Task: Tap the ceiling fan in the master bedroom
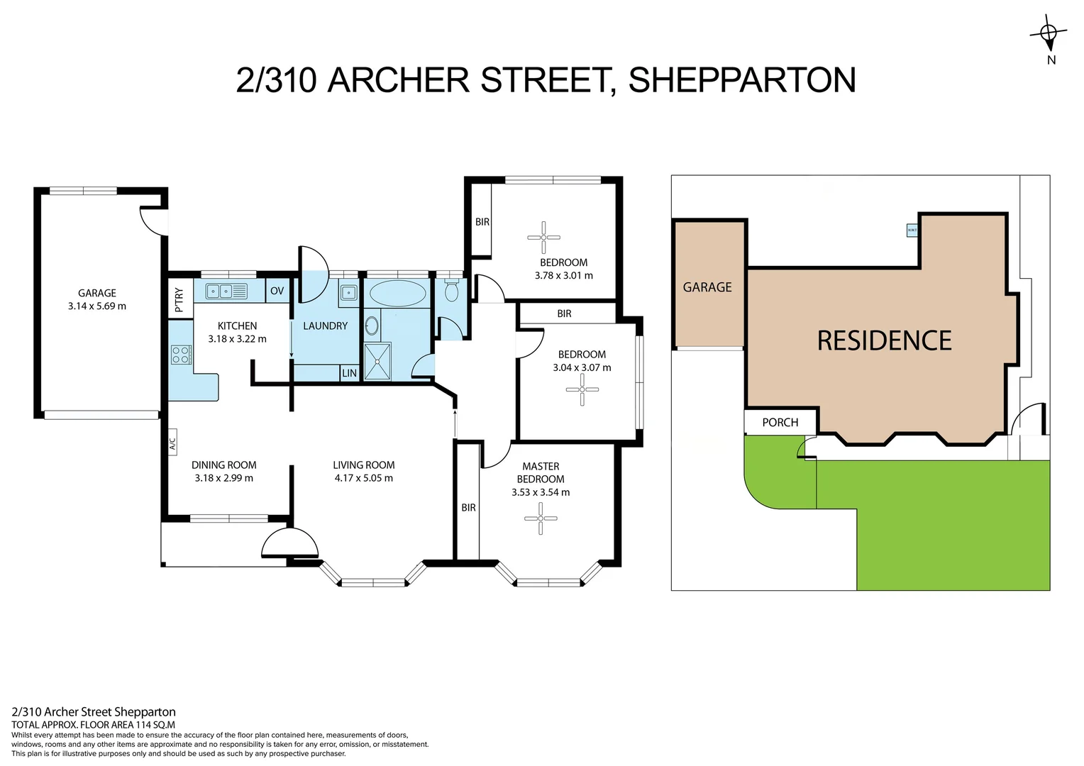pyautogui.click(x=541, y=518)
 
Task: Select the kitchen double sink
pyautogui.click(x=226, y=291)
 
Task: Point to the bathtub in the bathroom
pyautogui.click(x=397, y=292)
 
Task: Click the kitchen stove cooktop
pyautogui.click(x=181, y=355)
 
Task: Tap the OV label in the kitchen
pyautogui.click(x=277, y=291)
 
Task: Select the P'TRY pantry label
pyautogui.click(x=179, y=299)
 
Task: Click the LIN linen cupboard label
pyautogui.click(x=349, y=373)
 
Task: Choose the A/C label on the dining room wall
pyautogui.click(x=172, y=445)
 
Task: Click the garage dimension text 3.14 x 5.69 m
pyautogui.click(x=97, y=306)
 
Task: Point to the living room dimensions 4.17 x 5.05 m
pyautogui.click(x=363, y=478)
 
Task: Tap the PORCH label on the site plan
pyautogui.click(x=780, y=422)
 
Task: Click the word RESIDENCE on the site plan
pyautogui.click(x=884, y=341)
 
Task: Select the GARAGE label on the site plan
pyautogui.click(x=707, y=287)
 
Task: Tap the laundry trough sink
pyautogui.click(x=348, y=292)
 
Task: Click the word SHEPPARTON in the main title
pyautogui.click(x=742, y=79)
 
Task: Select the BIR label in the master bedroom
pyautogui.click(x=468, y=508)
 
